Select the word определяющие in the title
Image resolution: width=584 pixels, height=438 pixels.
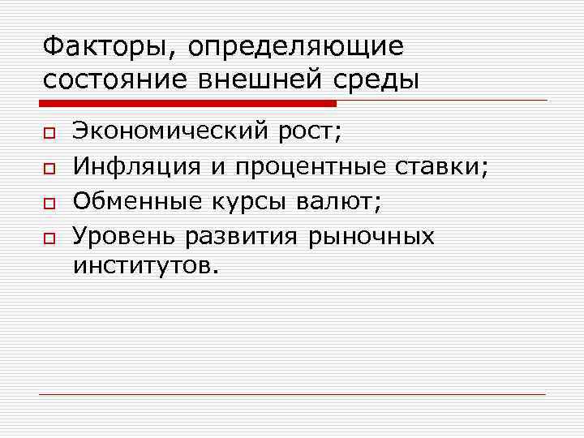pyautogui.click(x=295, y=47)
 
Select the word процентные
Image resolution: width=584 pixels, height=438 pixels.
pyautogui.click(x=311, y=169)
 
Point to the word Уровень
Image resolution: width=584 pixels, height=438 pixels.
pyautogui.click(x=124, y=237)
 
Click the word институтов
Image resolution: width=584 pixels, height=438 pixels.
pyautogui.click(x=145, y=265)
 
